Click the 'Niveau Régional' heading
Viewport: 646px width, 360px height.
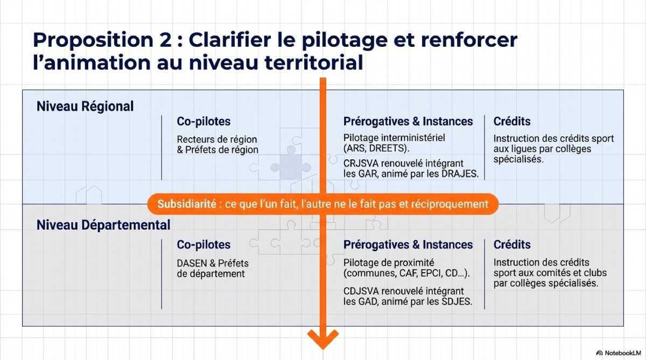[x=85, y=106]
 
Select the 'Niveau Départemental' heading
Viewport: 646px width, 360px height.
[x=103, y=224]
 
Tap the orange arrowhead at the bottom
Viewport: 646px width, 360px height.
[x=323, y=340]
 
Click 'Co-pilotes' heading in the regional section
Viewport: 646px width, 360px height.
[x=203, y=122]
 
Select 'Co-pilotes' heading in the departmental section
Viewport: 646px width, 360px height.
[x=203, y=245]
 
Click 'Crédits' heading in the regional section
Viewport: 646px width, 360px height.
[x=512, y=122]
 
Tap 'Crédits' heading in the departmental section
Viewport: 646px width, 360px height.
[x=512, y=245]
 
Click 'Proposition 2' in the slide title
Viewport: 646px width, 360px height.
[x=98, y=40]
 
